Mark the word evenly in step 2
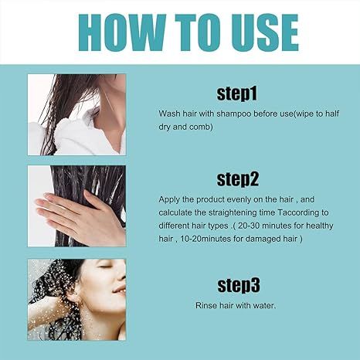[240, 199]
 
